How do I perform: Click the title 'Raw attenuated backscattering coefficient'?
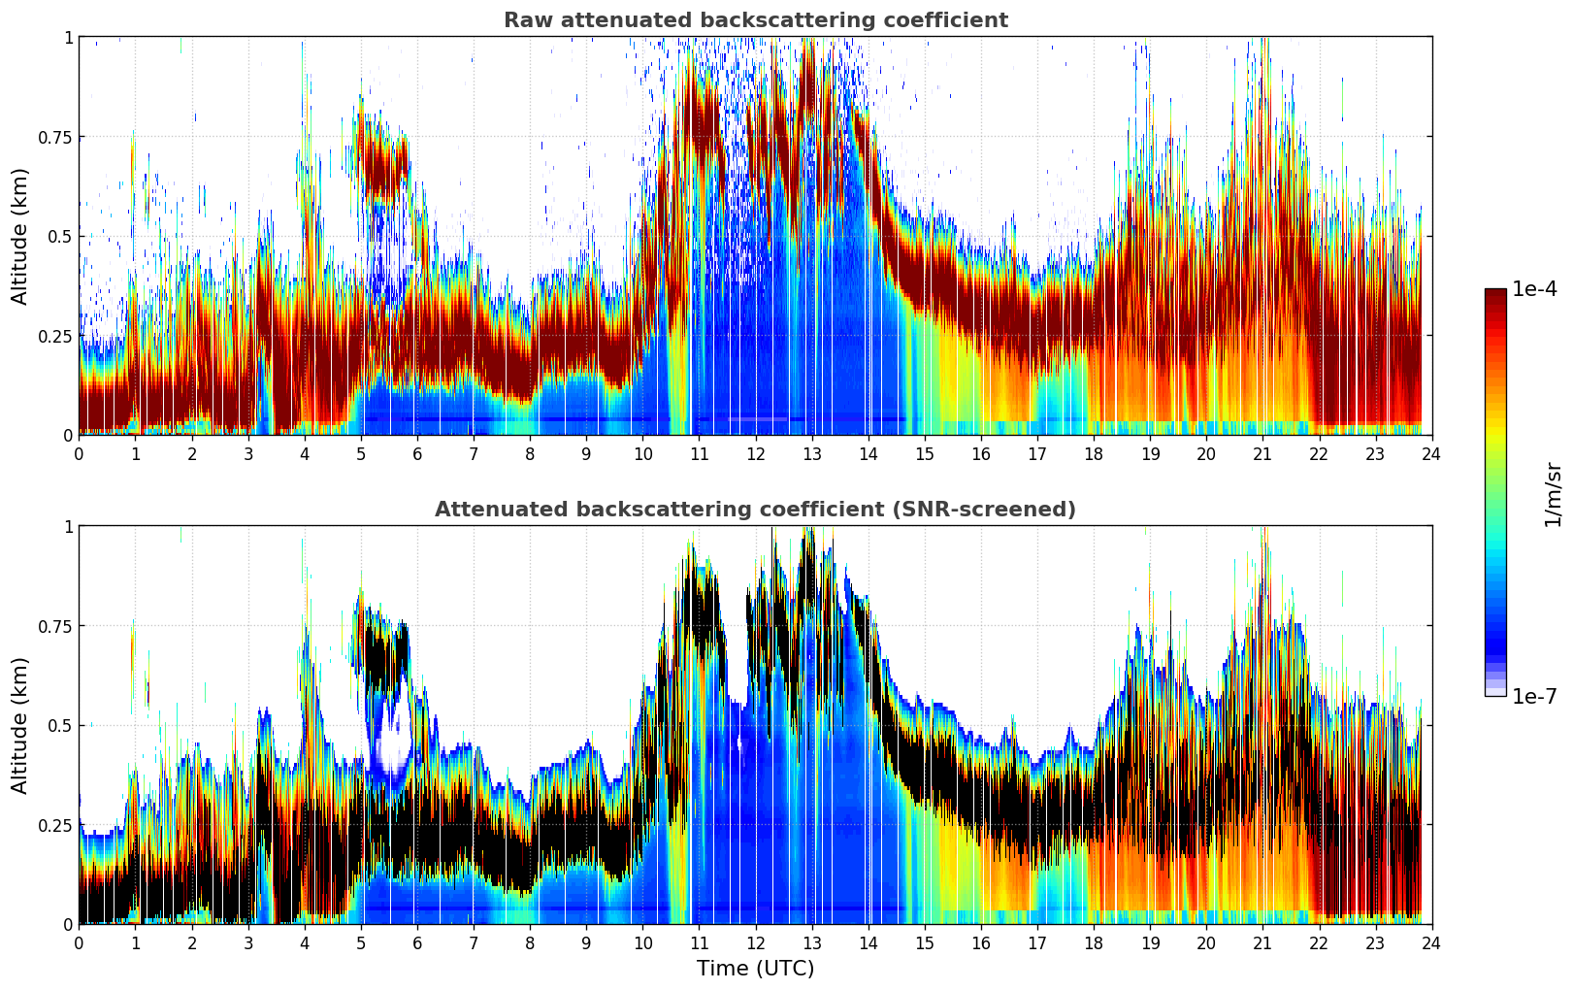(755, 20)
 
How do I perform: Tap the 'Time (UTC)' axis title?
(755, 969)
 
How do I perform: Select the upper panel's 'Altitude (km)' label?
(20, 236)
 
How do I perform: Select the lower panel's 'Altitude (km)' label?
(20, 725)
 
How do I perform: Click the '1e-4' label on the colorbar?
(1534, 289)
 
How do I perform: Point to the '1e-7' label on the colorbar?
(1534, 696)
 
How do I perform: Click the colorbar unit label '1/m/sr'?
(1553, 495)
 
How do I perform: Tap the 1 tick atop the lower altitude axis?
(68, 526)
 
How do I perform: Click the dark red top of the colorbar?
(1495, 293)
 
